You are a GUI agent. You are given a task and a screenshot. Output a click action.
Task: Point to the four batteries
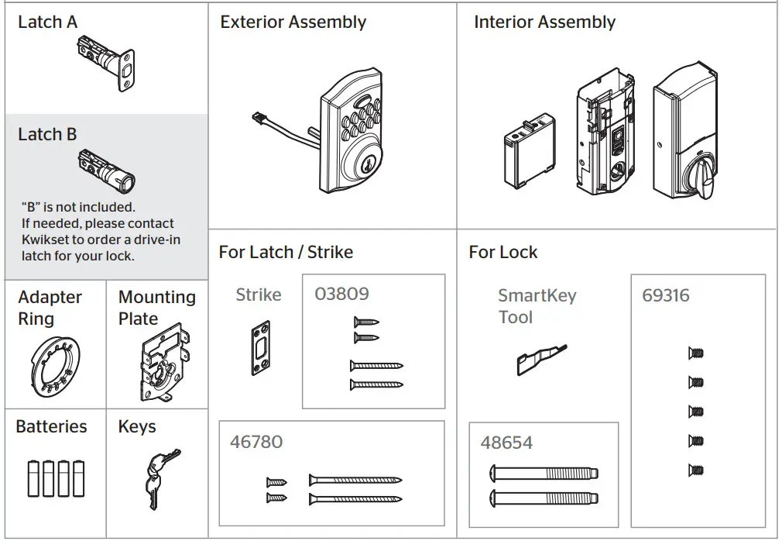pyautogui.click(x=56, y=477)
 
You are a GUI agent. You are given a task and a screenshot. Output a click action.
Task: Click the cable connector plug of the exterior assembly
pyautogui.click(x=261, y=119)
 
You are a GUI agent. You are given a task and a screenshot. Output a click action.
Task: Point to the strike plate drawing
pyautogui.click(x=259, y=350)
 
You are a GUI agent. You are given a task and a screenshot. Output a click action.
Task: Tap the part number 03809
pyautogui.click(x=341, y=295)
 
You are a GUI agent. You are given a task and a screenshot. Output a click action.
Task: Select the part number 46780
pyautogui.click(x=256, y=442)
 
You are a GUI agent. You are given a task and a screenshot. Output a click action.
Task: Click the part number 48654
pyautogui.click(x=506, y=443)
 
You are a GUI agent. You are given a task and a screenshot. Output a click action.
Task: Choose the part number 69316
pyautogui.click(x=665, y=295)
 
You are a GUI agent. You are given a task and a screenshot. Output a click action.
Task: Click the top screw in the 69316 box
pyautogui.click(x=695, y=353)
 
